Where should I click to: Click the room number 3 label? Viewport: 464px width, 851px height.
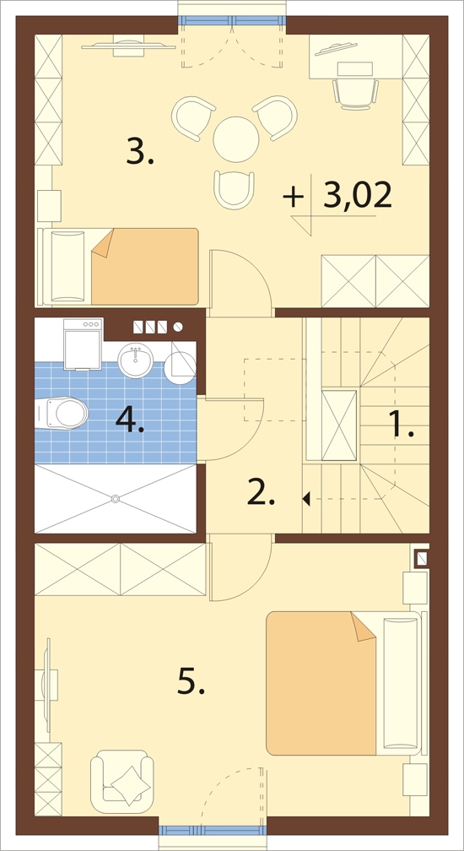coord(140,151)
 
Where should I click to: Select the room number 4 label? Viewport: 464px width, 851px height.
coord(130,420)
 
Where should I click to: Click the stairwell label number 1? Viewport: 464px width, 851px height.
coord(402,424)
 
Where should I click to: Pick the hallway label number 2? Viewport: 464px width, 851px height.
coord(262,492)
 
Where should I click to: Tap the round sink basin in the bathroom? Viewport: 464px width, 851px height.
coord(136,360)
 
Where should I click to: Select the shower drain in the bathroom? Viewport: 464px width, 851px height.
coord(115,498)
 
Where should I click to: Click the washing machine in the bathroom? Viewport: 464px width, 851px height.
coord(83,344)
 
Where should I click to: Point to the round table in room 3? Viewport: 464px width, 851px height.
coord(235,139)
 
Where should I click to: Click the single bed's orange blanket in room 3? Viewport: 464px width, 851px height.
coord(145,266)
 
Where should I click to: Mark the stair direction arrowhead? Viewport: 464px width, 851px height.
coord(306,498)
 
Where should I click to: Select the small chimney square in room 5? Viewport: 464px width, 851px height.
coord(422,559)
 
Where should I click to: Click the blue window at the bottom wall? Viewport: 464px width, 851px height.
coord(213,831)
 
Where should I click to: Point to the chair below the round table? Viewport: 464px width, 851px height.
coord(235,189)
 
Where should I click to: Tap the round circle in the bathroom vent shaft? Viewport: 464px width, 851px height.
coord(178,327)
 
